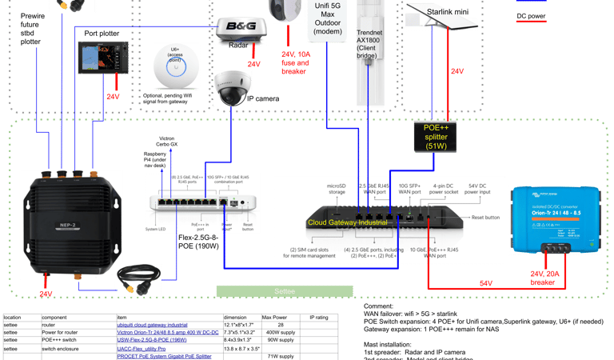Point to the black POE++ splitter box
[435, 137]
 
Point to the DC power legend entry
[532, 15]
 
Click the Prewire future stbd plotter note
[30, 29]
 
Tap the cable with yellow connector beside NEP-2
[141, 276]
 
